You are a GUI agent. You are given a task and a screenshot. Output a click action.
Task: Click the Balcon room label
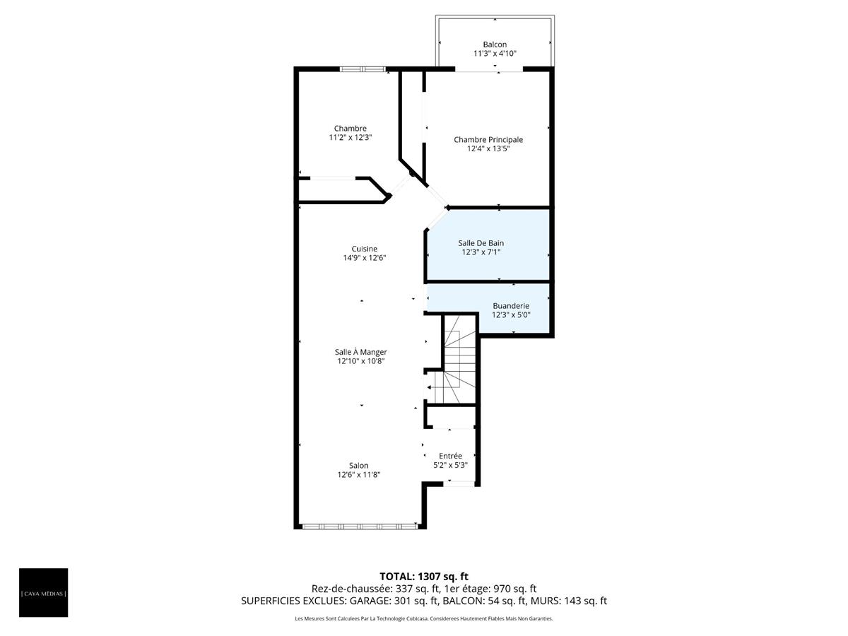pos(495,44)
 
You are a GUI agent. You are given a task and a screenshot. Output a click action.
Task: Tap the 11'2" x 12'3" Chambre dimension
pos(351,138)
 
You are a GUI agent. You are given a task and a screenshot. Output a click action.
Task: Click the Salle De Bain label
pos(481,242)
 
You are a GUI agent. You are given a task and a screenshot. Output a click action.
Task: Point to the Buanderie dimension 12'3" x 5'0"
pos(511,315)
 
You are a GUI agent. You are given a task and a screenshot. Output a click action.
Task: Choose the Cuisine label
pos(365,248)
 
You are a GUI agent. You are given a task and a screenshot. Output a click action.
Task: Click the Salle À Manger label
pos(360,351)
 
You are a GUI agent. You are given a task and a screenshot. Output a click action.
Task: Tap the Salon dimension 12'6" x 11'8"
pos(358,475)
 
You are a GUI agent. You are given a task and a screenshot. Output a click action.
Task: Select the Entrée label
pos(450,456)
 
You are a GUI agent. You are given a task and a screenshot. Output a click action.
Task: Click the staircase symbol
pos(459,360)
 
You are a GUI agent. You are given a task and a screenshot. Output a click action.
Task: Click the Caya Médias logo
pos(44,592)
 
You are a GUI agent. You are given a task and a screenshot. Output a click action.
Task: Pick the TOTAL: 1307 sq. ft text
pos(424,576)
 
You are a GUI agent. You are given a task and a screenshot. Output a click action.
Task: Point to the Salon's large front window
pos(359,526)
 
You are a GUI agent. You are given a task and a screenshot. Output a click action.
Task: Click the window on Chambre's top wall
pos(363,69)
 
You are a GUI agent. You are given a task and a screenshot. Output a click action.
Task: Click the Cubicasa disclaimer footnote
pos(424,619)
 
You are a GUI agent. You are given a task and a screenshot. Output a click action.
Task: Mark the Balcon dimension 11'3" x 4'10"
pos(495,54)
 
